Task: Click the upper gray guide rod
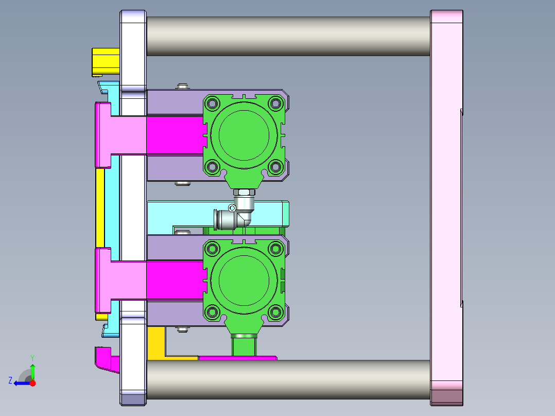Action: tap(288, 36)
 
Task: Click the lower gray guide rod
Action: tap(288, 379)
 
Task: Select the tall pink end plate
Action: tap(447, 208)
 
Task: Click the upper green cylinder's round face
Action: tap(244, 135)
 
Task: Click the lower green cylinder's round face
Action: tap(244, 281)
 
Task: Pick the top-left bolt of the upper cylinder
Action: tap(212, 103)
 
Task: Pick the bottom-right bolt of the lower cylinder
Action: tap(275, 312)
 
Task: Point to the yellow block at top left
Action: tap(106, 62)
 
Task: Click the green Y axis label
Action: tap(32, 358)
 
